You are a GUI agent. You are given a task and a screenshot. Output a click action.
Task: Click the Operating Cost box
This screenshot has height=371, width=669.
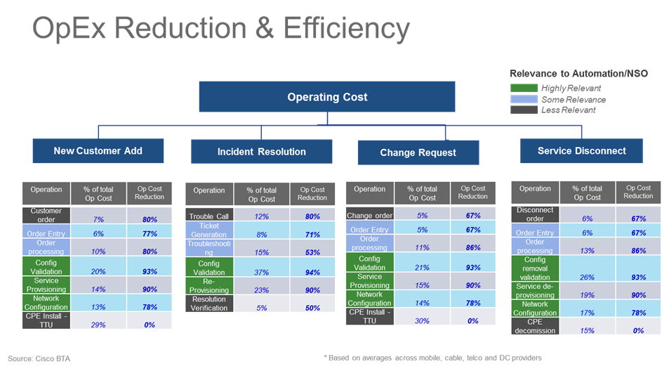tap(327, 97)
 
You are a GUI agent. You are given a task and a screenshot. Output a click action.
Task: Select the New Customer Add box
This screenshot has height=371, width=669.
tap(98, 151)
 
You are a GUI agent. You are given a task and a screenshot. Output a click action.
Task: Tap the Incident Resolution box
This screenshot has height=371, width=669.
tap(261, 152)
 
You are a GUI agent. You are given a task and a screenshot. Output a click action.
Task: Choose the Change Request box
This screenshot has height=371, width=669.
tap(418, 152)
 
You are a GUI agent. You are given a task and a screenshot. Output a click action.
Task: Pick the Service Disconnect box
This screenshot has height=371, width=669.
tap(581, 151)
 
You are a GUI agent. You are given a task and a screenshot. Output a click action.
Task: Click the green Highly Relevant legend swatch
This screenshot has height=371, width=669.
tap(524, 88)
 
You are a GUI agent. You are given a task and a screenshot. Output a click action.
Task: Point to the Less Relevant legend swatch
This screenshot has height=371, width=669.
tap(524, 110)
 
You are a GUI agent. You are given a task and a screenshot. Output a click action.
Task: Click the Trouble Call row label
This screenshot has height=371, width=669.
tap(208, 216)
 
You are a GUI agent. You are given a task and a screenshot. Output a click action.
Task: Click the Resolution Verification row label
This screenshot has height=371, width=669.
tap(208, 303)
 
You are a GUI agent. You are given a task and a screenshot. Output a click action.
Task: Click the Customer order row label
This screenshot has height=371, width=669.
tap(46, 215)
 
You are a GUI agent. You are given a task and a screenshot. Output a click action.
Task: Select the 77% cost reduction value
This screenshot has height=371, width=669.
tap(150, 233)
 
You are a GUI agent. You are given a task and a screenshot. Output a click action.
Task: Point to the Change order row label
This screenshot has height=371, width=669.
tap(369, 215)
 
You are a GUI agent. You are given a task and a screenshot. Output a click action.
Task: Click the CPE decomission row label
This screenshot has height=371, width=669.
tap(535, 325)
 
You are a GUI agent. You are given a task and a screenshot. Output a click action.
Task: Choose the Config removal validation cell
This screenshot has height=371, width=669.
tap(535, 268)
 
